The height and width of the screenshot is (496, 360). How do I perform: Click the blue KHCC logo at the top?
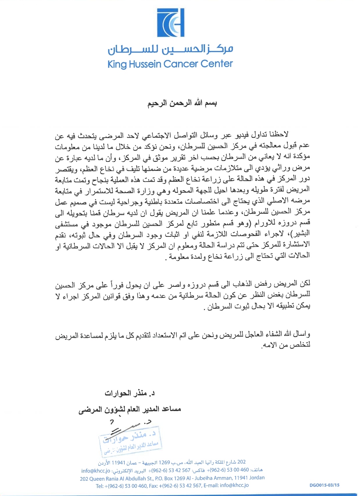coord(171,23)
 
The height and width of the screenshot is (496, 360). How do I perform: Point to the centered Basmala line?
coord(182,103)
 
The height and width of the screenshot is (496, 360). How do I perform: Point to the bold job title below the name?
coord(130,409)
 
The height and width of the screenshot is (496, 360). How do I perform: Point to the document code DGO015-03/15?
coord(324,485)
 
